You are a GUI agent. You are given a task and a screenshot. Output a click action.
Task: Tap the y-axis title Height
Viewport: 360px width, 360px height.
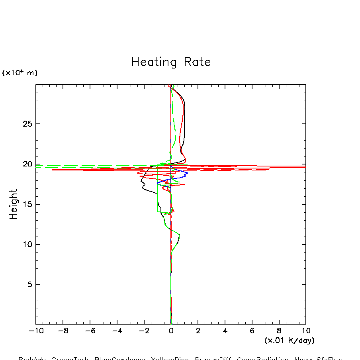coord(14,204)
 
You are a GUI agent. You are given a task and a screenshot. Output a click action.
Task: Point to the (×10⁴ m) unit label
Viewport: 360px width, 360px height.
coord(20,73)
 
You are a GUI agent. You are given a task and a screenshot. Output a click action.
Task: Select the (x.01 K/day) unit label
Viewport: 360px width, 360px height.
coord(289,340)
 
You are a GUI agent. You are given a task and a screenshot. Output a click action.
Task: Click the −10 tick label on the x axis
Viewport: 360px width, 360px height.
coord(35,331)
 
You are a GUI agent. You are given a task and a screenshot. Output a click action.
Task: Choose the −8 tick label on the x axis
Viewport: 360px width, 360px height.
coord(63,331)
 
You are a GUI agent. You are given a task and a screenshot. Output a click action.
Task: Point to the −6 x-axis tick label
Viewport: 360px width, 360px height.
coord(90,331)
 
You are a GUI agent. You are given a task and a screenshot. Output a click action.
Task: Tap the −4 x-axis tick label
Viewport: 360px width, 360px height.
coord(117,331)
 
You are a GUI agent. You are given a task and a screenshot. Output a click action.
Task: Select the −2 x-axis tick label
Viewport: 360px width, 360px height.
coord(143,331)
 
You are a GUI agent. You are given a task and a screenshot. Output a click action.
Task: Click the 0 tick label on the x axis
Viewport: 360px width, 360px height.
coord(171,331)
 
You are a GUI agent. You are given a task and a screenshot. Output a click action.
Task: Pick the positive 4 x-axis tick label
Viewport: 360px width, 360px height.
coord(225,331)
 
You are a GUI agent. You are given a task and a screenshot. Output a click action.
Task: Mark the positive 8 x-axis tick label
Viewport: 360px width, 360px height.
coord(279,331)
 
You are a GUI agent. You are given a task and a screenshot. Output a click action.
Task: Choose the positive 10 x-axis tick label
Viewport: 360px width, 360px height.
coord(305,331)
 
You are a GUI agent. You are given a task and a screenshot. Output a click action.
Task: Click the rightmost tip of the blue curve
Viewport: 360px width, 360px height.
coord(188,173)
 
